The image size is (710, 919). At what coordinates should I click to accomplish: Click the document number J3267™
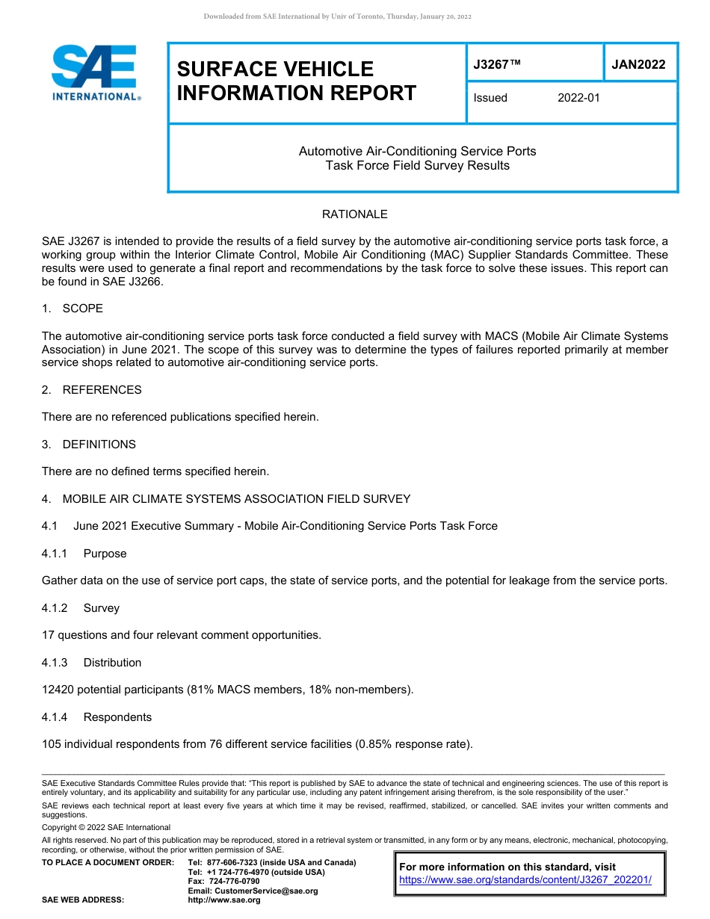497,64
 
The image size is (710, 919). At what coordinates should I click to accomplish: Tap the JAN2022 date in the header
638,64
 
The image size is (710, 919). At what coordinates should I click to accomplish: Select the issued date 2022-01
578,98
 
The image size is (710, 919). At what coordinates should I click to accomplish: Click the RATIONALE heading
354,214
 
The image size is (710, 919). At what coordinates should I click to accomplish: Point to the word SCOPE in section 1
83,309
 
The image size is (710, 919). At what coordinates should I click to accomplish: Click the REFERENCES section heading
102,390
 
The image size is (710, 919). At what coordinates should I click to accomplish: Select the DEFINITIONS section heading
99,445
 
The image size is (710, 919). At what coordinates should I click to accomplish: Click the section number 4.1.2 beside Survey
55,608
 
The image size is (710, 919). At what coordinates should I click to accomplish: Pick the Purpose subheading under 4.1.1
105,554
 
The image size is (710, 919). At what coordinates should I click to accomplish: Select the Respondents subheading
117,717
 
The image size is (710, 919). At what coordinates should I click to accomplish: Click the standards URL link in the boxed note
525,880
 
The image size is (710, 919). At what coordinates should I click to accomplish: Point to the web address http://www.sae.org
224,900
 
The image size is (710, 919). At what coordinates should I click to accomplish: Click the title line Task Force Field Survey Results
417,166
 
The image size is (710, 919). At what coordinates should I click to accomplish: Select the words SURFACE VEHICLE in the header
275,69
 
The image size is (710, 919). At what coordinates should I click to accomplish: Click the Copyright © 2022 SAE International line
106,827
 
